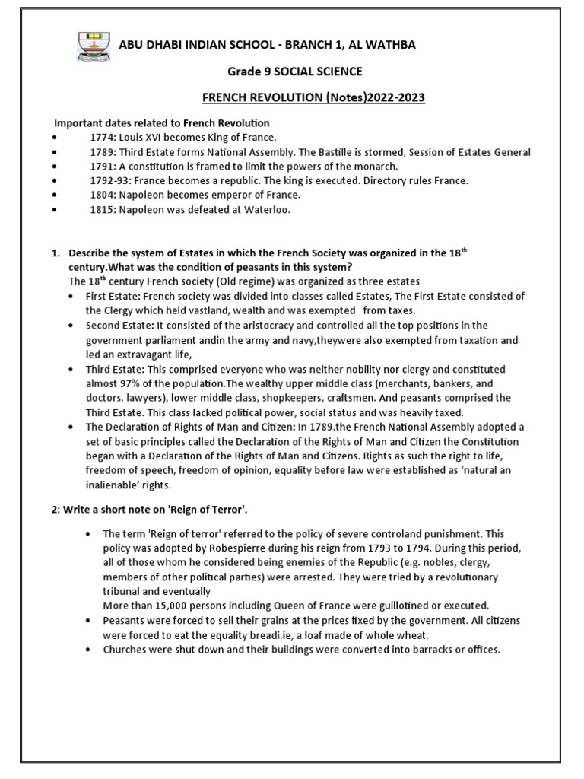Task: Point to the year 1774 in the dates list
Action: (x=102, y=138)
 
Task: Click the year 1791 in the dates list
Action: (x=102, y=167)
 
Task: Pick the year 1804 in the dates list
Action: (x=102, y=196)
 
